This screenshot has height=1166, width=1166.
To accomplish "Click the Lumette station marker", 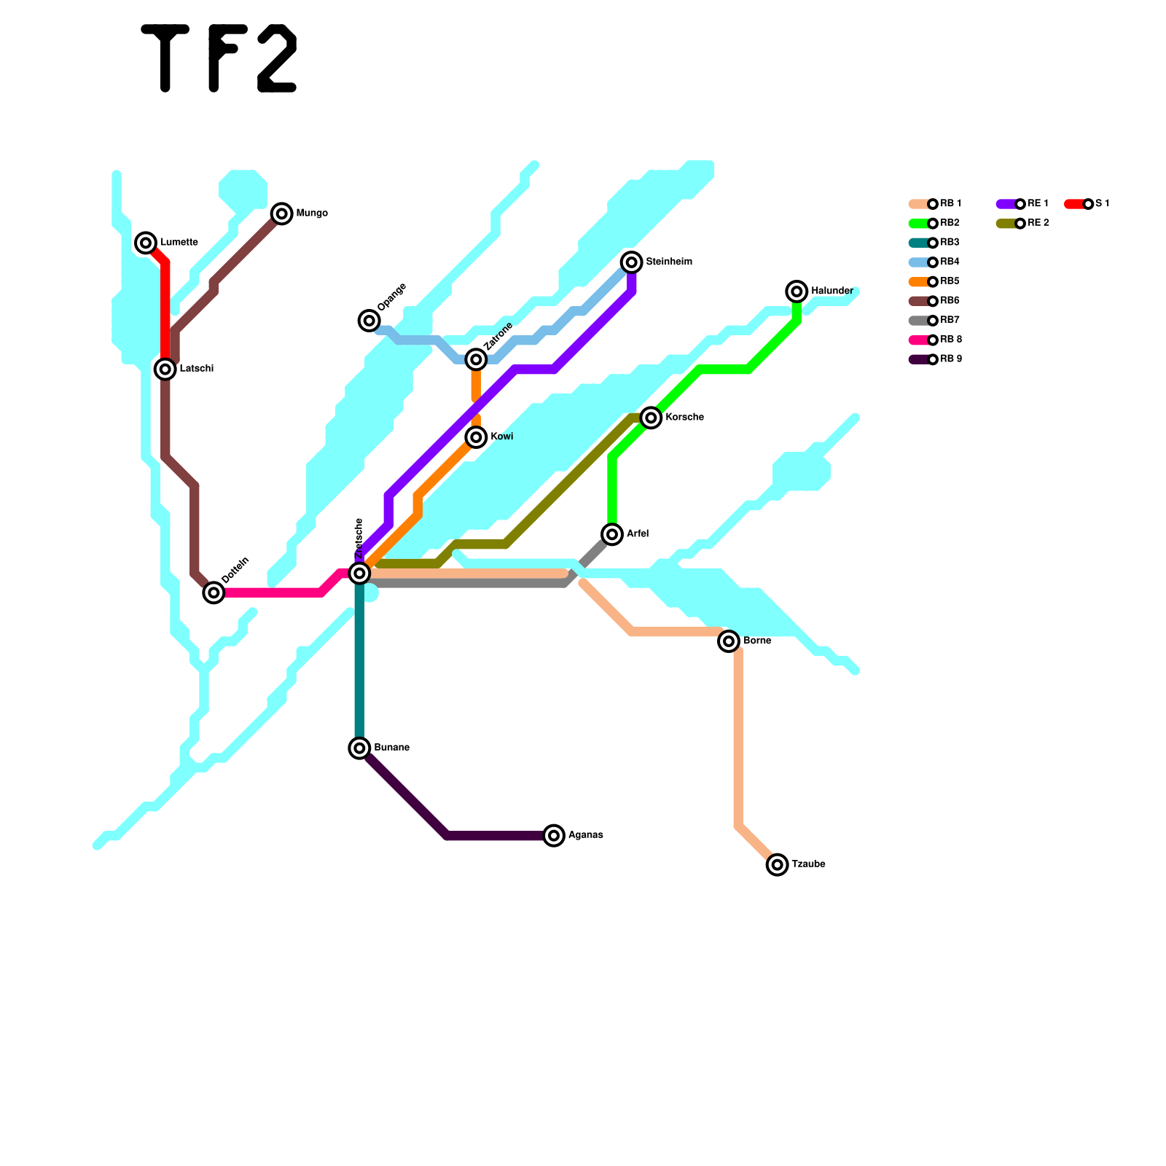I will pos(146,243).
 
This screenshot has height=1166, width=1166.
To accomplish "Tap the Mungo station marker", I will pos(281,214).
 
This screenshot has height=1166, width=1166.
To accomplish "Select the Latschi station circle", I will pos(165,369).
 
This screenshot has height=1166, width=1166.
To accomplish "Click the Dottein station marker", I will pos(214,592).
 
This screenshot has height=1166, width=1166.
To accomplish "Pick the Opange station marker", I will pos(369,320).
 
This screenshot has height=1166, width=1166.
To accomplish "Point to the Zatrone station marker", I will pos(476,359).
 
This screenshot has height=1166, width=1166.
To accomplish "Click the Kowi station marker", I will pos(476,437).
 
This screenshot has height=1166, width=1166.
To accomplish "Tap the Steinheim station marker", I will pos(632,262).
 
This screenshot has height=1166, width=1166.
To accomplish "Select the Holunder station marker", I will pos(797,291).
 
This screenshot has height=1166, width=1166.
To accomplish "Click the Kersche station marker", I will pos(651,418).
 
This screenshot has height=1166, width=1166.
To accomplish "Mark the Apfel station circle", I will pos(612,534).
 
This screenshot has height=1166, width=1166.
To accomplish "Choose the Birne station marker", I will pos(729,641).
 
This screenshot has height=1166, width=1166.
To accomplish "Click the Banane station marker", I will pos(359,748).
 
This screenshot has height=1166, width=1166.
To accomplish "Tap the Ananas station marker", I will pos(554,835).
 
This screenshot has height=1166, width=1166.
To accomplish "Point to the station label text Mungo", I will pos(312,214).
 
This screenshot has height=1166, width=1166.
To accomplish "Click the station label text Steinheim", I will pos(669,262).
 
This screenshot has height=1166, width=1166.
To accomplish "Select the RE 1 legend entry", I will pos(1023,204).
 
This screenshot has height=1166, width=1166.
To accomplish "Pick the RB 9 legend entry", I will pos(936,359).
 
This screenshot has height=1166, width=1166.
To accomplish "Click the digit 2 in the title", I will pos(277,58).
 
